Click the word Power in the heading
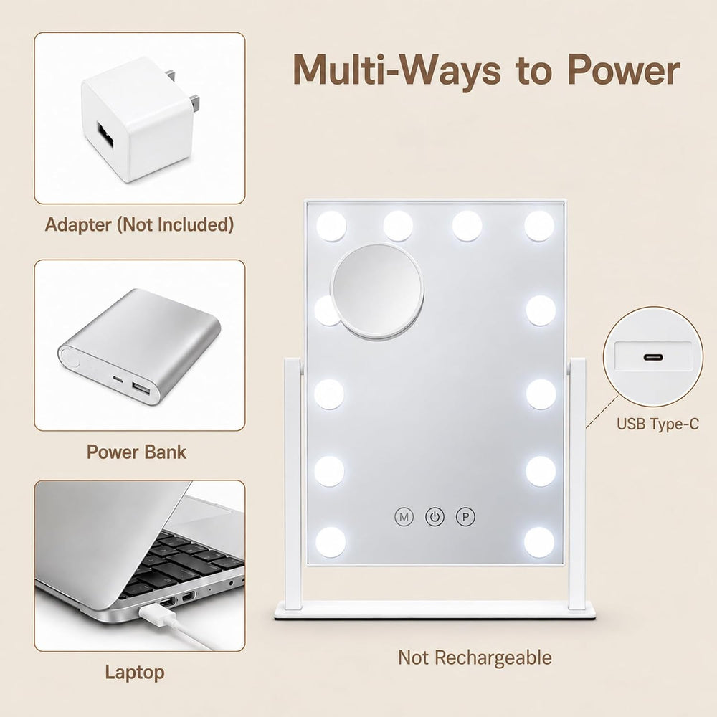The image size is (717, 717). [624, 70]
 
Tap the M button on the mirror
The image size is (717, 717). [404, 517]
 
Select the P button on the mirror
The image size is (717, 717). [465, 517]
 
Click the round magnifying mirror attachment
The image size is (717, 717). [377, 291]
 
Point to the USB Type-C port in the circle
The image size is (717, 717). [653, 356]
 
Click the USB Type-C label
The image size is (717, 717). [657, 424]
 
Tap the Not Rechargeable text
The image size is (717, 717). [475, 657]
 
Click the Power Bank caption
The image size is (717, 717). [136, 452]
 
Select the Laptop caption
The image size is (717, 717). [135, 673]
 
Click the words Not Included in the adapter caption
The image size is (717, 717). [176, 224]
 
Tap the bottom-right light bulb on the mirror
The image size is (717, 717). [540, 542]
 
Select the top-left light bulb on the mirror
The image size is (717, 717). [331, 226]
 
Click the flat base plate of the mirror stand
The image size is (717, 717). [435, 610]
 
